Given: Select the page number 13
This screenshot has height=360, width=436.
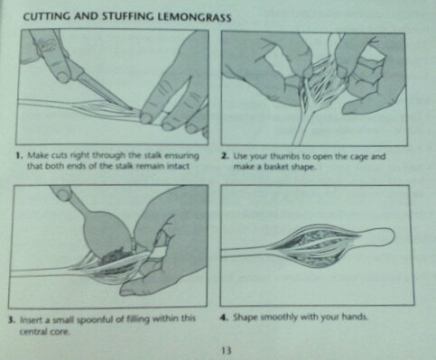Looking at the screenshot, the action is (227, 350).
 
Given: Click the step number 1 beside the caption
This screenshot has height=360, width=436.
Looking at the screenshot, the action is (19, 155).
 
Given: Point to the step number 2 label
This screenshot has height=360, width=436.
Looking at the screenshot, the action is (225, 156).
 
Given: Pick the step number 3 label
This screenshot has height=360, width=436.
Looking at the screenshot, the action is (12, 319).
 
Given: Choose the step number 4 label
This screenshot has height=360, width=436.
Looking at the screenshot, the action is (224, 317).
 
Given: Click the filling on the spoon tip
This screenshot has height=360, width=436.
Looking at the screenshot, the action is (116, 255).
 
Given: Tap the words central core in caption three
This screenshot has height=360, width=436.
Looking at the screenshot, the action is (44, 331).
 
